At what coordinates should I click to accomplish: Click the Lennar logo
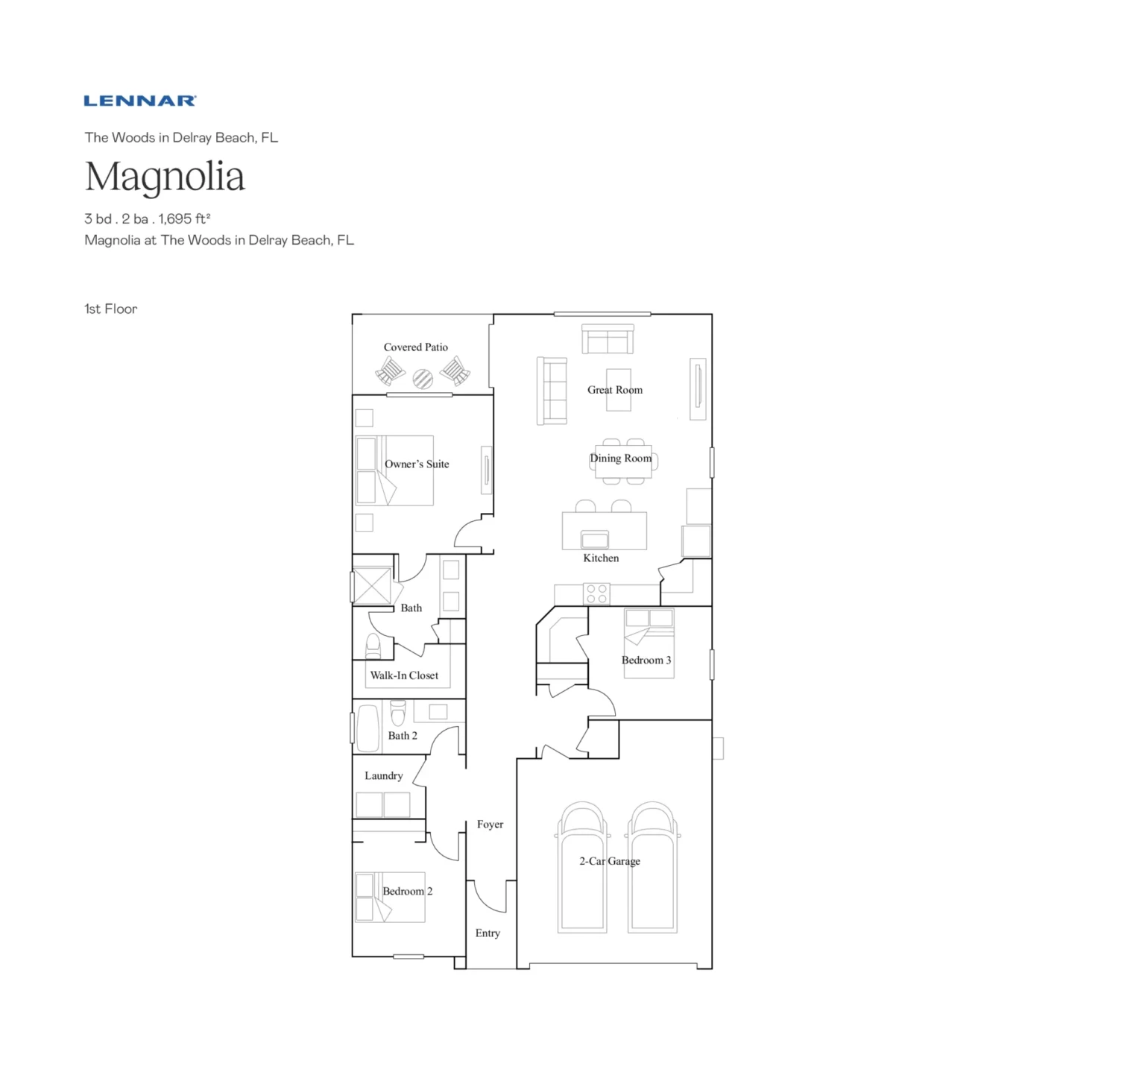140,101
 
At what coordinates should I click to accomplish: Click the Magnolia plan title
165,177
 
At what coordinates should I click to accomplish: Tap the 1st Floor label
110,309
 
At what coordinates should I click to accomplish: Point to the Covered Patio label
415,347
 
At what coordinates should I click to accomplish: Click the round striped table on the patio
423,379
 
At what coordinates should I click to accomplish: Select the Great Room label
614,390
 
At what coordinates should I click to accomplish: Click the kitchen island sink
595,539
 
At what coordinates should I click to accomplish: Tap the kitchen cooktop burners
596,593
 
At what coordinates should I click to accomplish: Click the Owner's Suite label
417,464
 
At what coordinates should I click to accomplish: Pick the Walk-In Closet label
404,675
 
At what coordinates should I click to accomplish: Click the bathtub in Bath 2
368,728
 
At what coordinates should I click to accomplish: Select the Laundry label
383,776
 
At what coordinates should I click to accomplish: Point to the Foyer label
490,825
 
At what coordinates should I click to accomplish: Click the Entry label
488,933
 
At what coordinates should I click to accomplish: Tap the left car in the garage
582,869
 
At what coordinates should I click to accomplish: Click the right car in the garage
653,869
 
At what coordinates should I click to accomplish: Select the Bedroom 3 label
646,661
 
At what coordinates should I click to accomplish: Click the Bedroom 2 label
407,892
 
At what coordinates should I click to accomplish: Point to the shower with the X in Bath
371,586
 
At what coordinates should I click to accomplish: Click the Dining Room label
620,458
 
